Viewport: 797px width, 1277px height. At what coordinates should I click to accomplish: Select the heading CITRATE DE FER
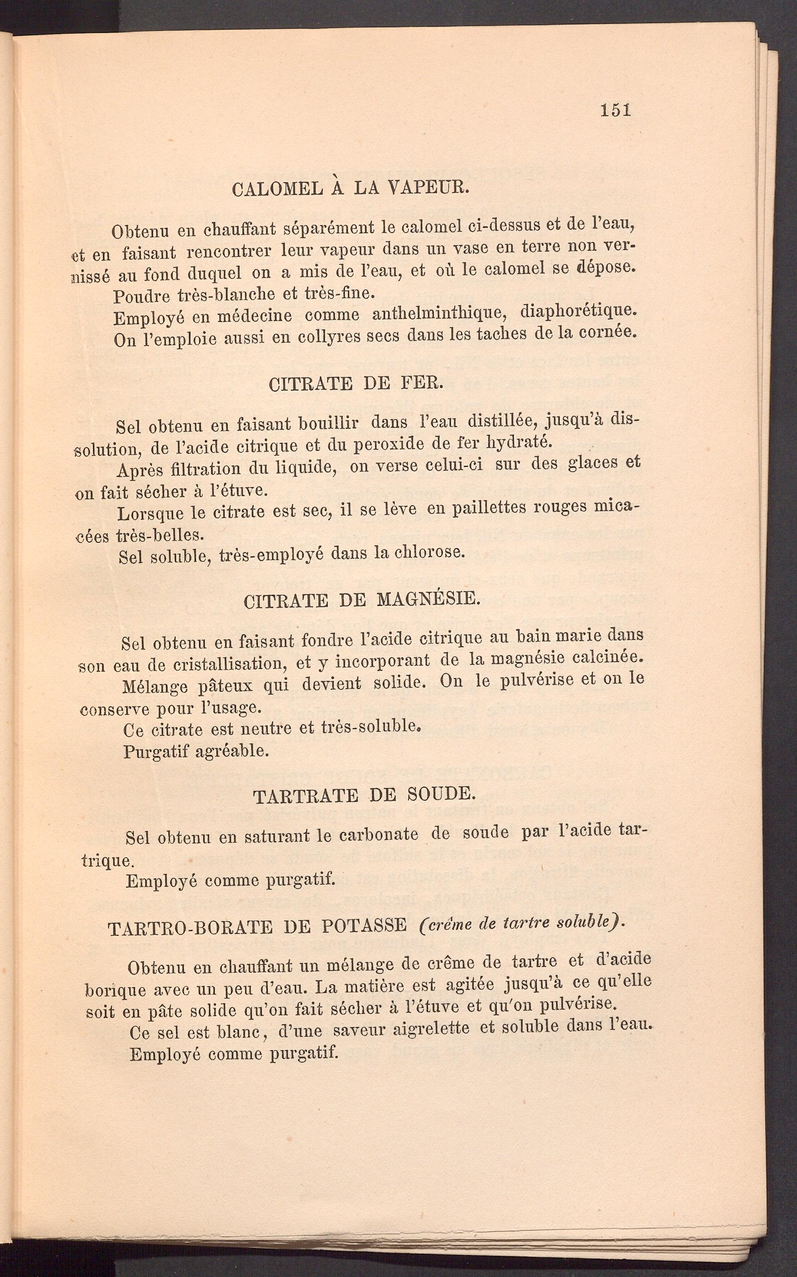tap(356, 383)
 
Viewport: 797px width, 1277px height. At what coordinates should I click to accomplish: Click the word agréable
tap(232, 750)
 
